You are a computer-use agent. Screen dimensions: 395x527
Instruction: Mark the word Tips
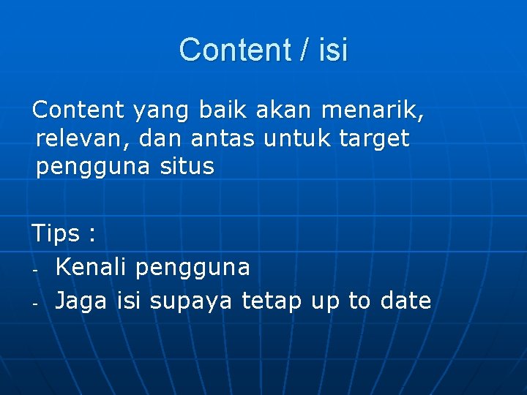56,234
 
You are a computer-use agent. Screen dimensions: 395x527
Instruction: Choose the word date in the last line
405,300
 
